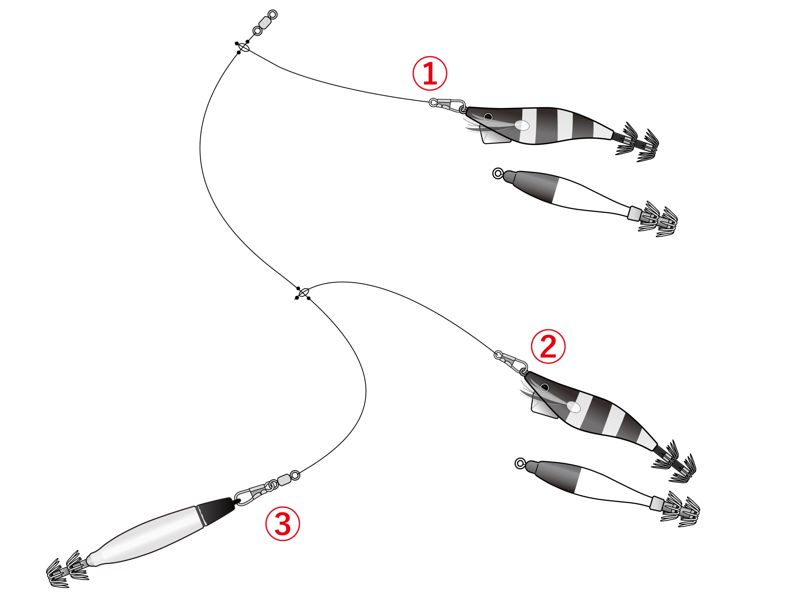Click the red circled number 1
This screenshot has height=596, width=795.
point(429,73)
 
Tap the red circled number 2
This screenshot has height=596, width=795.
point(548,346)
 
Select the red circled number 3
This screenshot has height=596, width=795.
point(283,523)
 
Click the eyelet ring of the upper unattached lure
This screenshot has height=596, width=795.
point(497,174)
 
